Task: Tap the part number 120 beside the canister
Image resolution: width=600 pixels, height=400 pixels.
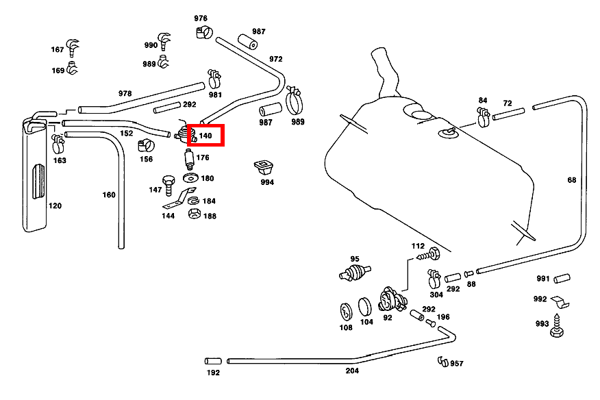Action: coord(54,205)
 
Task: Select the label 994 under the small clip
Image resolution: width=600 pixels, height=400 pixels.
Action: coord(266,182)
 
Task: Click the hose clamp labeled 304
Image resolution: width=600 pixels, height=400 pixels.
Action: coord(433,277)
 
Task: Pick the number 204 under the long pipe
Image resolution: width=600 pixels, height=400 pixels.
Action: coord(351,371)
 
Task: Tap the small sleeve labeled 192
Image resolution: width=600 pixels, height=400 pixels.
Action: coord(211,360)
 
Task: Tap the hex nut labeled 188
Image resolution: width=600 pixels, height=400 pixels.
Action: coord(194,214)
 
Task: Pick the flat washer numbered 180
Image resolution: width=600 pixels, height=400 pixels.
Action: coord(190,179)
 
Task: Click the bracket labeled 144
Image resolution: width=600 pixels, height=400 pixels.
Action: coord(175,203)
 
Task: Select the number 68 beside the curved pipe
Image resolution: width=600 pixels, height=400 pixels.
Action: coord(571,180)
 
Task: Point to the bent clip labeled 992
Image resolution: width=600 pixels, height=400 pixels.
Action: coord(562,301)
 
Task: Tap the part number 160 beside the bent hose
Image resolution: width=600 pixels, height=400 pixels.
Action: coord(109,195)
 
